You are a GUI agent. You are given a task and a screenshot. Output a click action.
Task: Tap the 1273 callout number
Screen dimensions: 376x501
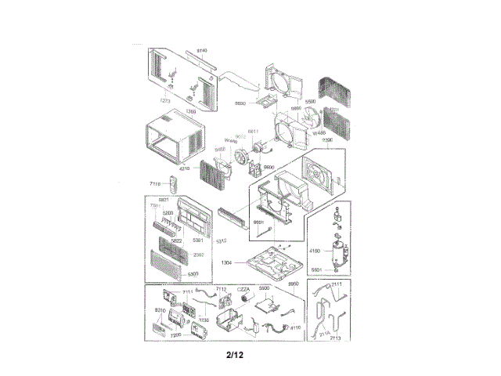pyautogui.click(x=165, y=101)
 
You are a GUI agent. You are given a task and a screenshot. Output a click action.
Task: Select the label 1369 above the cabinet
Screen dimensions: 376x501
pyautogui.click(x=190, y=113)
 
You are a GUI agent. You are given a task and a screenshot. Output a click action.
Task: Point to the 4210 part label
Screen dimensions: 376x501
pyautogui.click(x=186, y=168)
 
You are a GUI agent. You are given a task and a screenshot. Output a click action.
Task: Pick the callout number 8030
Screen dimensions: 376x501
pyautogui.click(x=241, y=103)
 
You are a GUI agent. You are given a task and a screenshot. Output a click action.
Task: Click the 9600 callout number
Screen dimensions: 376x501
pyautogui.click(x=269, y=168)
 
